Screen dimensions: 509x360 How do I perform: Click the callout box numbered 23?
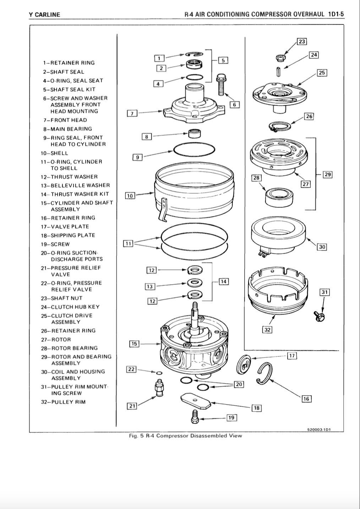tap(302, 42)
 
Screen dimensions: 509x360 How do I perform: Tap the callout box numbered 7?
tap(132, 113)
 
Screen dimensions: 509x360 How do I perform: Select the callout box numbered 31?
tap(324, 292)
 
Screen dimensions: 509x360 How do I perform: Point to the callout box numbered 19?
tap(231, 417)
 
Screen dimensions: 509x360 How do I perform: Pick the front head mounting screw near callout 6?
tap(221, 85)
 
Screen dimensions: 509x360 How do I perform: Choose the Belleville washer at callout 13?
tap(194, 283)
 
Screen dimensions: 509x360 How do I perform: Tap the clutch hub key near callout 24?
tap(279, 71)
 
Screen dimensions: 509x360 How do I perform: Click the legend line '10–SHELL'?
tap(54, 153)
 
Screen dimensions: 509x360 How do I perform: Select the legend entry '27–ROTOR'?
tap(56, 340)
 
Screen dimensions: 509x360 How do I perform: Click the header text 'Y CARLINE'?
tap(44, 15)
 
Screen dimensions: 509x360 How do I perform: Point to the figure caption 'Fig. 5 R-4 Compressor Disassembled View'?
tap(185, 436)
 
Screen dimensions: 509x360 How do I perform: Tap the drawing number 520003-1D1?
tap(319, 429)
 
